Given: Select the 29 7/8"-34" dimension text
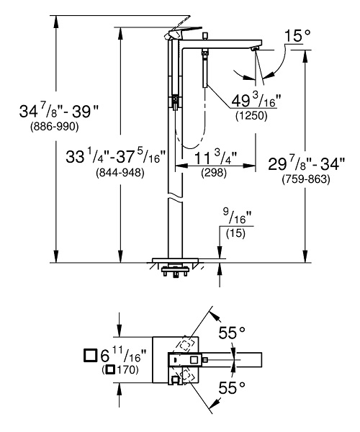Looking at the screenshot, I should (x=312, y=163).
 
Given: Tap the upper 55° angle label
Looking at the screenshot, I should (x=233, y=333).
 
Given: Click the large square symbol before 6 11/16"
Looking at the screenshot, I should (x=90, y=355).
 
